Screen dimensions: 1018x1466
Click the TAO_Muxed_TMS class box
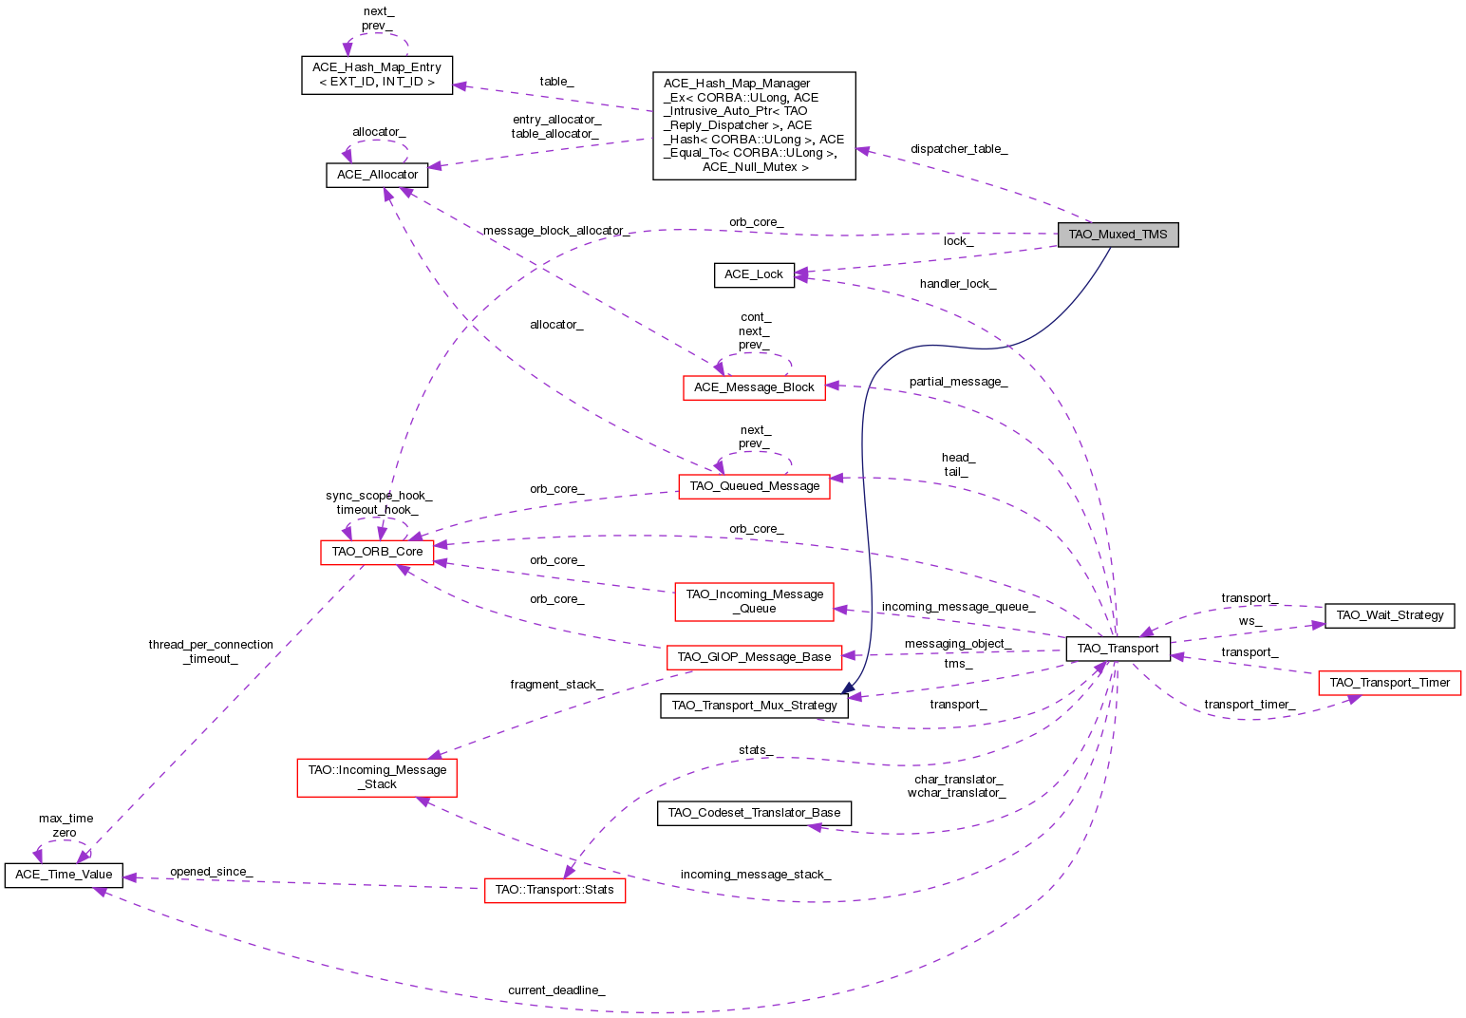pos(1118,235)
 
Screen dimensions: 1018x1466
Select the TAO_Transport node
pos(1118,649)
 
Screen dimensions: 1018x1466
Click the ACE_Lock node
pos(754,274)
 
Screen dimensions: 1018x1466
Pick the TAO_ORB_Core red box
pos(377,552)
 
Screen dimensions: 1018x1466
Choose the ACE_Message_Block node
pos(754,387)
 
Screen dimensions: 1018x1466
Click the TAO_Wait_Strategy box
pos(1389,615)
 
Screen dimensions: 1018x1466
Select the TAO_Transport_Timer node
pos(1389,683)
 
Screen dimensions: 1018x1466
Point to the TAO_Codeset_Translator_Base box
pos(754,813)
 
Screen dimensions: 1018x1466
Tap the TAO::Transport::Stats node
pos(554,891)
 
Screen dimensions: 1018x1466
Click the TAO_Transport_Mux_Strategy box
pos(754,706)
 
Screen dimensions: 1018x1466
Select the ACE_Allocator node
pos(377,175)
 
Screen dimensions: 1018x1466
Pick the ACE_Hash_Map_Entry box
pos(377,75)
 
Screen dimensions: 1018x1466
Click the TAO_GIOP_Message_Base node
pos(754,656)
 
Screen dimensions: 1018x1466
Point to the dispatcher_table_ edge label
pos(959,149)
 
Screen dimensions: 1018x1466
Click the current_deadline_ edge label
pos(556,990)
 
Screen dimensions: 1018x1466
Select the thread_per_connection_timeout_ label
pos(211,651)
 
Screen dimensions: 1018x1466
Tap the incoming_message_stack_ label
pos(756,875)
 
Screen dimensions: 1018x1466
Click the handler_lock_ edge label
pos(958,284)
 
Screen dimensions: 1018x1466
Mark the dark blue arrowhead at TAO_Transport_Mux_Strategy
pos(844,688)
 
